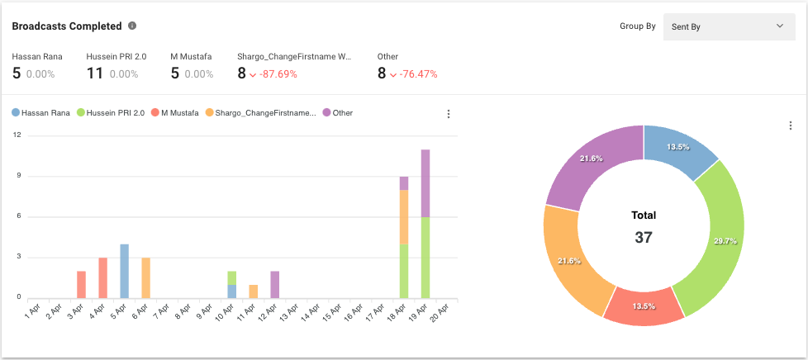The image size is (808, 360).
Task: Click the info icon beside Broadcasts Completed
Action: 132,26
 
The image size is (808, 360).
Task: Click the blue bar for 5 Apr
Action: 124,271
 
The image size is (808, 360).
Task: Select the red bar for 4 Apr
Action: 103,277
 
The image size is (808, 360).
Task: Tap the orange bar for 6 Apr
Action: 145,277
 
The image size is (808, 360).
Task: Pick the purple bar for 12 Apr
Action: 274,284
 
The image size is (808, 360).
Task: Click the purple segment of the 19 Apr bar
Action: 425,183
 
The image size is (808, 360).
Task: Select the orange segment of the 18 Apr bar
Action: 404,216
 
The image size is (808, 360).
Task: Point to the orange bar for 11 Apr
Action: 254,291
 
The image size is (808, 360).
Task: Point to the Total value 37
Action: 644,238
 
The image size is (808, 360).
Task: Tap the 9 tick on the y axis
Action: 17,176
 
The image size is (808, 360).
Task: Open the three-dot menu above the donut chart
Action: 790,126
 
